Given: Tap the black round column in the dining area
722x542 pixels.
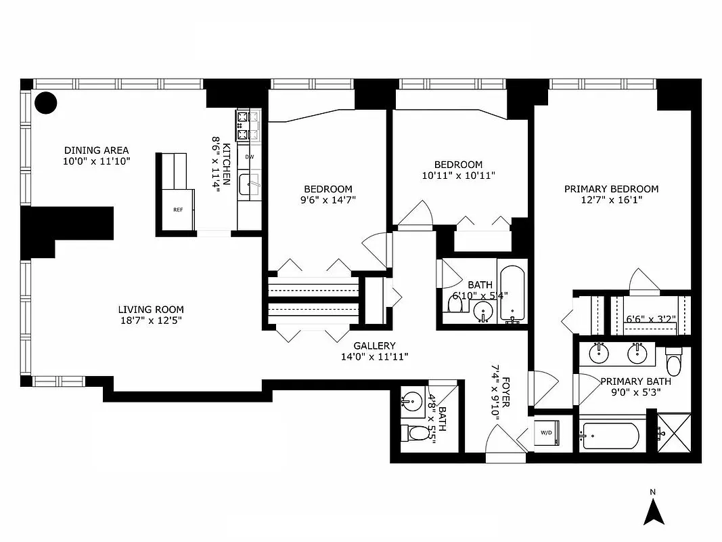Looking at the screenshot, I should pos(46,103).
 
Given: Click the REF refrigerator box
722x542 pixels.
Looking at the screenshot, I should pos(177,210).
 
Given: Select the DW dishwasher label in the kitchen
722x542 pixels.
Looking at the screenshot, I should pos(249,157).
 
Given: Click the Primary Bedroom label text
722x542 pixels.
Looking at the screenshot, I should pos(611,189).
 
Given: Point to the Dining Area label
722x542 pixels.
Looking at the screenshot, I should pos(96,150).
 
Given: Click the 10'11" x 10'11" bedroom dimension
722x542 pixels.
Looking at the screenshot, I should pos(458,175).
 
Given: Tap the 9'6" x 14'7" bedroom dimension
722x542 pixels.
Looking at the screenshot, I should pos(328,200).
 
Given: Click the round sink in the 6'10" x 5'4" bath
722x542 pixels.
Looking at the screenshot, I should pos(483,311).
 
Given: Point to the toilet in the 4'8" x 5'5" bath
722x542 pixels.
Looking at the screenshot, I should pos(413,432).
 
